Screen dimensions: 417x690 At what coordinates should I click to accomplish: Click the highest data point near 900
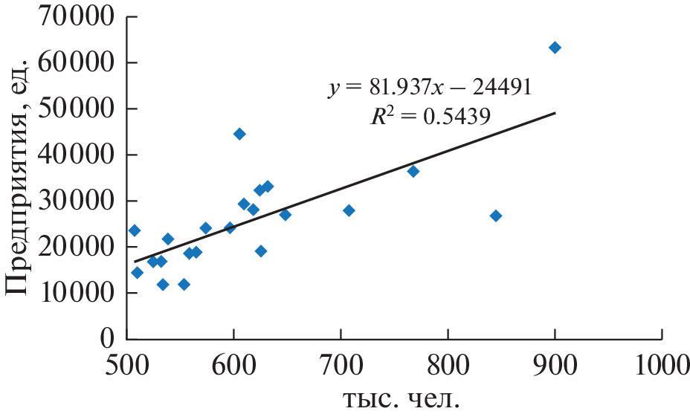pos(555,48)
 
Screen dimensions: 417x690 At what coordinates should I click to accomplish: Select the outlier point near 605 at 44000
pos(239,134)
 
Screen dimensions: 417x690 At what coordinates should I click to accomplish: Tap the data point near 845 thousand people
pos(496,216)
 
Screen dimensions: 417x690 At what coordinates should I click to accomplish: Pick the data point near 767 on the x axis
pos(413,171)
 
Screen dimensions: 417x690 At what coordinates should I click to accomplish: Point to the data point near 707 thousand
pos(349,210)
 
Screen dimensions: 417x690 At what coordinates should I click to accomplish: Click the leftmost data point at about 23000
pos(135,230)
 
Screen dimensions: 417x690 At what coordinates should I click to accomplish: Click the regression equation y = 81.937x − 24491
pos(431,88)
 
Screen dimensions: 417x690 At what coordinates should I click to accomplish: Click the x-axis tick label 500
pos(126,366)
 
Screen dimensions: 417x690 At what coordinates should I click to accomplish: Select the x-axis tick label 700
pos(341,366)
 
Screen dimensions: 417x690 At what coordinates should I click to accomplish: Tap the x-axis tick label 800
pos(448,366)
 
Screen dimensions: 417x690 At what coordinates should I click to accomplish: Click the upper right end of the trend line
pos(555,113)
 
